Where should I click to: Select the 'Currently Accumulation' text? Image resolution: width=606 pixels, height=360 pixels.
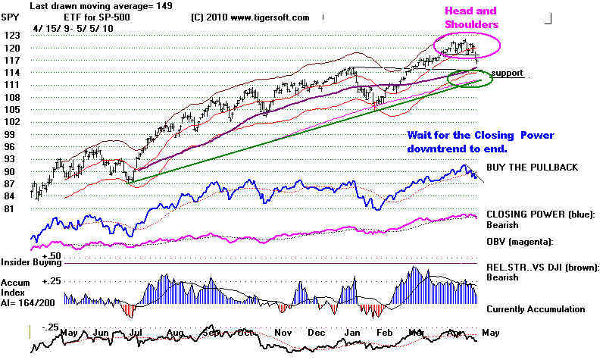click(x=536, y=309)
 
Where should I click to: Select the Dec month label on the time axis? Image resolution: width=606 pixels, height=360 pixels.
click(x=317, y=333)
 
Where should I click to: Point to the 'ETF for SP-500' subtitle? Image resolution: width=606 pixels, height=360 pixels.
click(x=70, y=17)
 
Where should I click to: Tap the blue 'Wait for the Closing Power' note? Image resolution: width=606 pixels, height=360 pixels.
click(x=481, y=135)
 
